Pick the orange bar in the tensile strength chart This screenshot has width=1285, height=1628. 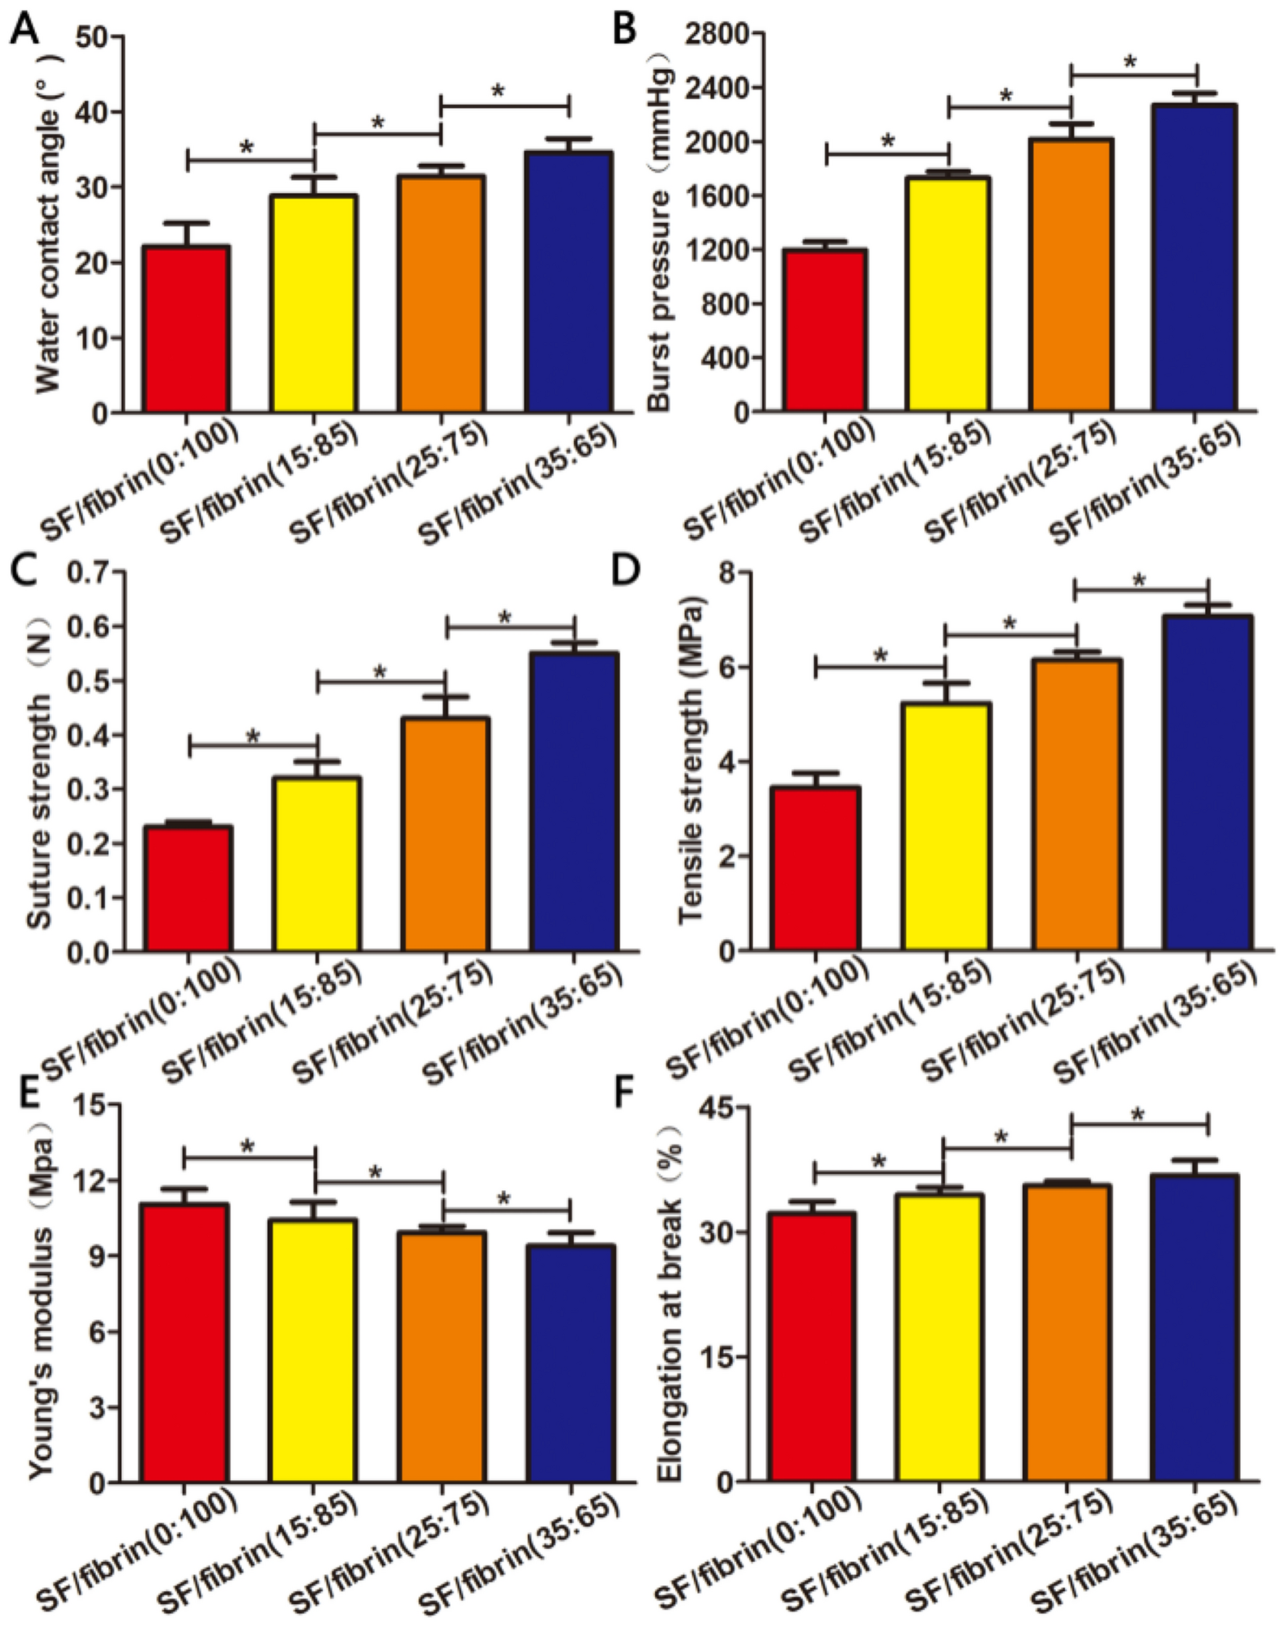(x=1077, y=805)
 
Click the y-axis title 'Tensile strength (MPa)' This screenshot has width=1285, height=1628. (x=689, y=760)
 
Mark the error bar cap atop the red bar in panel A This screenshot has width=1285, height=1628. (x=187, y=223)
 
